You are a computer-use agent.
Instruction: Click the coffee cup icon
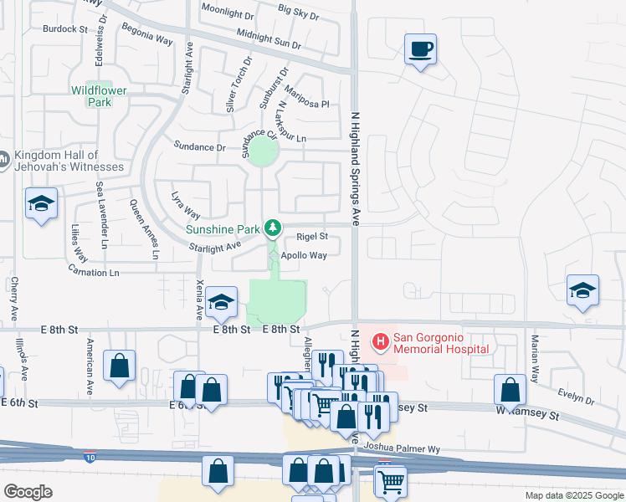pos(420,49)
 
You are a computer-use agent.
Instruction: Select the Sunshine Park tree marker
pos(272,227)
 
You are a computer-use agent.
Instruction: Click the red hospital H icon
pos(380,341)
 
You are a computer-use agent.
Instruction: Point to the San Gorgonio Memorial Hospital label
pos(441,343)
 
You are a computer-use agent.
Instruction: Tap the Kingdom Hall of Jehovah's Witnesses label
pos(68,161)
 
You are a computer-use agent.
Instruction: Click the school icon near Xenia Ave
pos(221,303)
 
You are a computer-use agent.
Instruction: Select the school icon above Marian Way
pos(582,290)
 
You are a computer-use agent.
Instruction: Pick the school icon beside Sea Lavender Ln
pos(40,204)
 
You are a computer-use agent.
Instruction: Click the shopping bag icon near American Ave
pos(120,366)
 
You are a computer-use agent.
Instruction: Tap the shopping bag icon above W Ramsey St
pos(510,390)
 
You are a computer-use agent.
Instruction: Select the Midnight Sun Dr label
pos(269,37)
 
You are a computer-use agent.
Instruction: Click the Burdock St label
pos(65,28)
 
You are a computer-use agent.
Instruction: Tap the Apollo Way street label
pos(304,256)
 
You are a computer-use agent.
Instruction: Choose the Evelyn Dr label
pos(577,398)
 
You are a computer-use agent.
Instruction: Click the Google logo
pos(28,492)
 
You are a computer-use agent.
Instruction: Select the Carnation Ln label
pos(93,273)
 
